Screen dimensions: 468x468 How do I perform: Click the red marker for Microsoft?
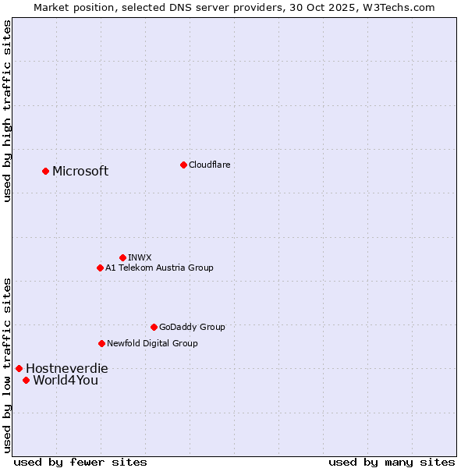click(x=45, y=171)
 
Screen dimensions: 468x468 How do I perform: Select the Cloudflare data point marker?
click(x=183, y=165)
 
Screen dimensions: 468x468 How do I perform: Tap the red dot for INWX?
click(x=122, y=257)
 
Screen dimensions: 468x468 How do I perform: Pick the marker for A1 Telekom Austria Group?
click(x=100, y=268)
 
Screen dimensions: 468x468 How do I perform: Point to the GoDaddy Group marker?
click(x=154, y=327)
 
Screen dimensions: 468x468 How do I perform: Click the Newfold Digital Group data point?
click(x=101, y=343)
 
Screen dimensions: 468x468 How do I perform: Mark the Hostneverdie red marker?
click(x=19, y=368)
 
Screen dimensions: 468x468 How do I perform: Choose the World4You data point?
click(x=26, y=380)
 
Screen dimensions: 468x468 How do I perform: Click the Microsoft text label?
click(x=80, y=171)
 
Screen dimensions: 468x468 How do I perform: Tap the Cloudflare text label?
click(x=210, y=165)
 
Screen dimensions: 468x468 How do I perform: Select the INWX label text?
click(x=140, y=257)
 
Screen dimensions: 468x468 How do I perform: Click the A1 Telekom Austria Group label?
click(x=159, y=268)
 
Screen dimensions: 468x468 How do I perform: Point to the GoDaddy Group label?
click(x=192, y=327)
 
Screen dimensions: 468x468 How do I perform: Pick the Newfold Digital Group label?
click(x=152, y=343)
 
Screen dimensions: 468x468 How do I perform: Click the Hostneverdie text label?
click(x=67, y=368)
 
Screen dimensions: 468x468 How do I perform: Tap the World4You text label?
click(x=66, y=380)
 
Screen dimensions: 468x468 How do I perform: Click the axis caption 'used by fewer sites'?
click(x=80, y=462)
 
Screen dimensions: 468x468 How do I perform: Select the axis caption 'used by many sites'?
click(x=392, y=462)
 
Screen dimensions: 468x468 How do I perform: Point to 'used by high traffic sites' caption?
click(x=7, y=111)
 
